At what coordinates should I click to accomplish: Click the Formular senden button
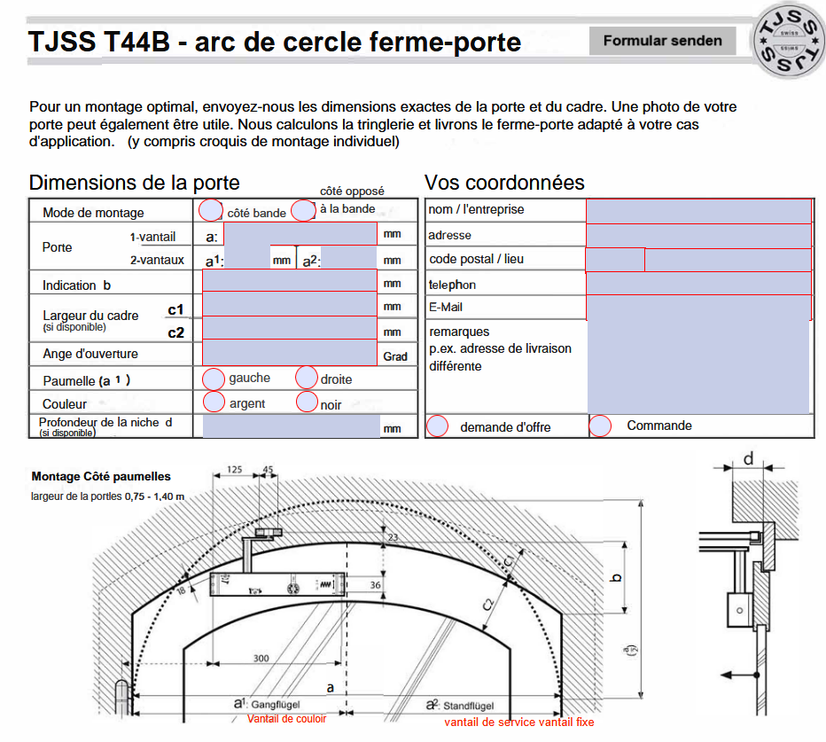[x=662, y=40]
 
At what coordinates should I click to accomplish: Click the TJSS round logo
[x=786, y=42]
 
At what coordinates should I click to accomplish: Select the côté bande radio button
[x=211, y=211]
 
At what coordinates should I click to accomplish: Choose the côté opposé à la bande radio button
[x=303, y=210]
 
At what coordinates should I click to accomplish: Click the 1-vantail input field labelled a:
[x=300, y=234]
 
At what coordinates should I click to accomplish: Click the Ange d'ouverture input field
[x=290, y=353]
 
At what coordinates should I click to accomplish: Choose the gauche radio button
[x=214, y=379]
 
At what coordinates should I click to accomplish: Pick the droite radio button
[x=306, y=378]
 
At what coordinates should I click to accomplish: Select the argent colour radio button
[x=214, y=402]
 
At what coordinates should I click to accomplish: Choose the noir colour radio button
[x=306, y=402]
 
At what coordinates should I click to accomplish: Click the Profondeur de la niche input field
[x=291, y=426]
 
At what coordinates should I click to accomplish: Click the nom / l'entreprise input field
[x=698, y=210]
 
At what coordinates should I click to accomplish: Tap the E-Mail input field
[x=698, y=307]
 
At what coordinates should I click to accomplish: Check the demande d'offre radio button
[x=437, y=426]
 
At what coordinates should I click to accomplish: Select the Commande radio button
[x=600, y=426]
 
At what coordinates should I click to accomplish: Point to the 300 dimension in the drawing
[x=261, y=658]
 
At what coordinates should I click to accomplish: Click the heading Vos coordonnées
[x=504, y=183]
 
